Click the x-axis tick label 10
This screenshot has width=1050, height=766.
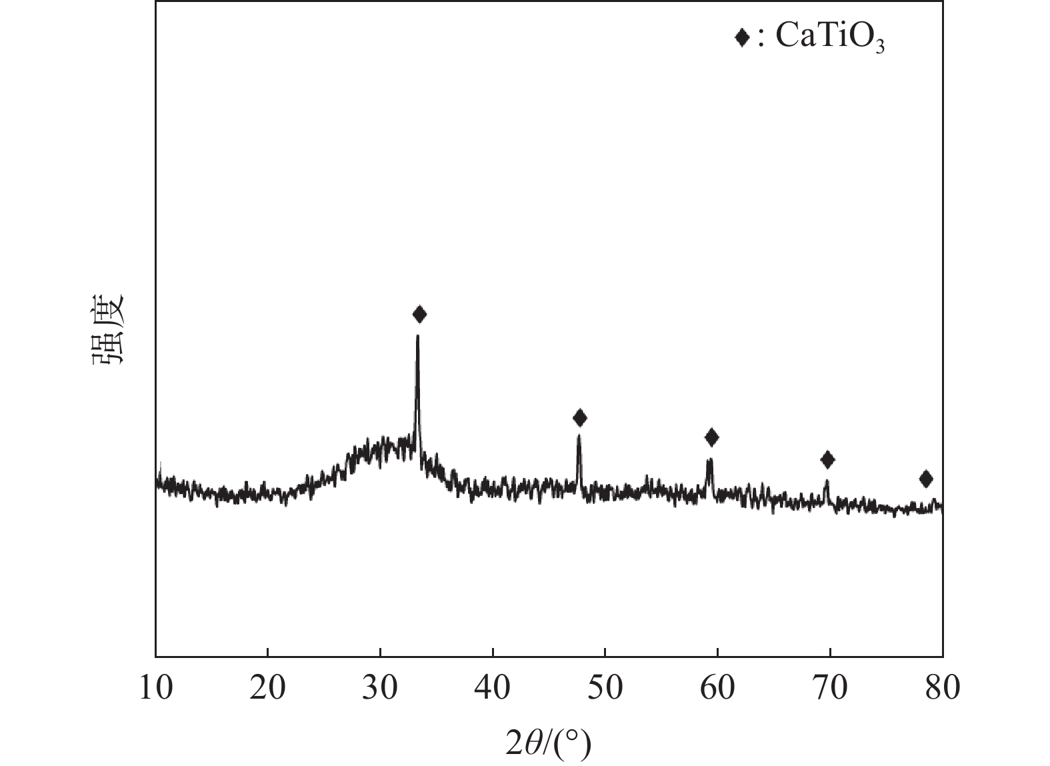coord(155,687)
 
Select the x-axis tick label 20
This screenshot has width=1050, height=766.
coord(267,687)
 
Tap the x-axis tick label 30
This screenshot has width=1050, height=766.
coord(380,687)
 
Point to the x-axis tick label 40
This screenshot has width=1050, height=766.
coord(493,687)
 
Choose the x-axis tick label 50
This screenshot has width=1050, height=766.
coord(605,687)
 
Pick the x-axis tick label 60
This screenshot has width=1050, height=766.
coord(717,687)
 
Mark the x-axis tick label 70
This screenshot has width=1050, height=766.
coord(830,687)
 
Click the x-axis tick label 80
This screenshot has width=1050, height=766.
coord(942,687)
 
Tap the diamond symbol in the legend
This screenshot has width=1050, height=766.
coord(741,37)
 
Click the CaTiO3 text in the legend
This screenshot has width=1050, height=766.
coord(830,39)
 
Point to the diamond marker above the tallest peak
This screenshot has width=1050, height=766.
coord(419,314)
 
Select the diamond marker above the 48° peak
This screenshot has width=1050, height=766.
coord(580,418)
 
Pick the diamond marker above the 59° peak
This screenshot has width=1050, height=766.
coord(712,437)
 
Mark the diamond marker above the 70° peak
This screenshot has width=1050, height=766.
coord(827,459)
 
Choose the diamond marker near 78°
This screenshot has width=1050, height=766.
coord(926,479)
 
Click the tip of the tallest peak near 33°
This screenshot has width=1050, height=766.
coord(417,335)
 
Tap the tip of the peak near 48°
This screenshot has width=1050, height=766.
coord(579,435)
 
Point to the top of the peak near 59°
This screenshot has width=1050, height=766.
coord(709,459)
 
